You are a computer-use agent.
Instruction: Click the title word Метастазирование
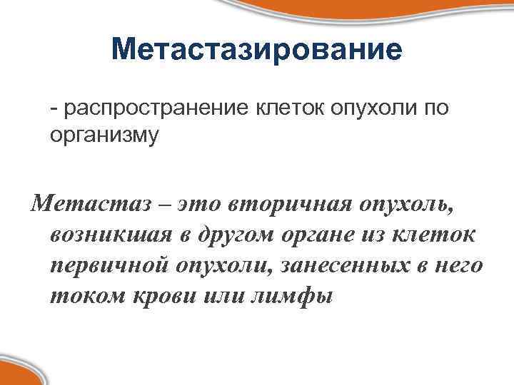257,50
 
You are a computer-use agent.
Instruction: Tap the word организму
104,134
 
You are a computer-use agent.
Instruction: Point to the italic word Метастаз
91,205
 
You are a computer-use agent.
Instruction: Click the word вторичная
288,205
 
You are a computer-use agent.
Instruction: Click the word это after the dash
202,205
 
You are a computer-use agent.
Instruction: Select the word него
457,267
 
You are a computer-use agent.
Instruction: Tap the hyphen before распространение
54,108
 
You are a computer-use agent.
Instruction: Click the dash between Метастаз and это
165,205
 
